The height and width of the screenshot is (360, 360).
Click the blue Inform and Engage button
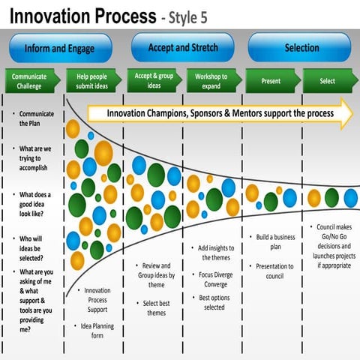pyautogui.click(x=60, y=49)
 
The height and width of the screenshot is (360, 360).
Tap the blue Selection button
pyautogui.click(x=301, y=48)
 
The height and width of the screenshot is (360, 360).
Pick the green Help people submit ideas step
pyautogui.click(x=91, y=80)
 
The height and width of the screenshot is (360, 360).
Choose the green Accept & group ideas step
pyautogui.click(x=154, y=80)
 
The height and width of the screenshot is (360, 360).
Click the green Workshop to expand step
pyautogui.click(x=212, y=80)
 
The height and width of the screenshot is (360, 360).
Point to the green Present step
pyautogui.click(x=271, y=80)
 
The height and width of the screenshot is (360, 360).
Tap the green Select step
pyautogui.click(x=328, y=80)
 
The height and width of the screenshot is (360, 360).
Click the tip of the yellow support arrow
pyautogui.click(x=350, y=113)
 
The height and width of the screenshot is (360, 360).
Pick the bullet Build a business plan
pyautogui.click(x=274, y=241)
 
